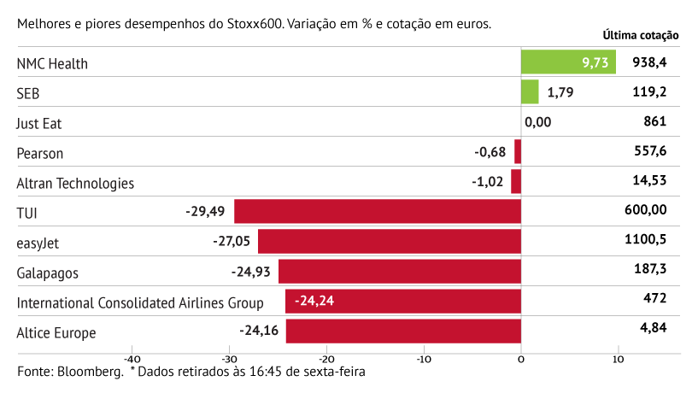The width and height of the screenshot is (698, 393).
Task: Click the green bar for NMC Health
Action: [568, 62]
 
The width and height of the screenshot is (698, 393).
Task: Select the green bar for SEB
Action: [530, 92]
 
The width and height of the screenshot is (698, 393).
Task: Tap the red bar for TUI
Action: [378, 211]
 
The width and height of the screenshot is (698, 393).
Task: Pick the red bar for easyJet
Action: [390, 241]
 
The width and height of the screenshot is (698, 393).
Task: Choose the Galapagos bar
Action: [400, 272]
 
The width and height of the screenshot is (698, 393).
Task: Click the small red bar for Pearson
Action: [518, 152]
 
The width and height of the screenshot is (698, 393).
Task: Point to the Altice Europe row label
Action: [56, 332]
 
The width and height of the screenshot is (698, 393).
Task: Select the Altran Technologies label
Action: [75, 183]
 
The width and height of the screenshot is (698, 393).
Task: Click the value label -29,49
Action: [205, 211]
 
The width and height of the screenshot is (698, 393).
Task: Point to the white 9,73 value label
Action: [595, 62]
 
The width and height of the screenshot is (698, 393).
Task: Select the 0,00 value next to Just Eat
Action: [538, 122]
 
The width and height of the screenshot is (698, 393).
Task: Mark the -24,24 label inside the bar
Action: [315, 302]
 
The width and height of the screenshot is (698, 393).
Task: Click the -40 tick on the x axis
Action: [132, 360]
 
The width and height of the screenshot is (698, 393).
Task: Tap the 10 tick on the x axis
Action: [619, 360]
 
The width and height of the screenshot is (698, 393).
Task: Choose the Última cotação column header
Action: [641, 36]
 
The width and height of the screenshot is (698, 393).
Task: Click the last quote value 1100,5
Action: [646, 241]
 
